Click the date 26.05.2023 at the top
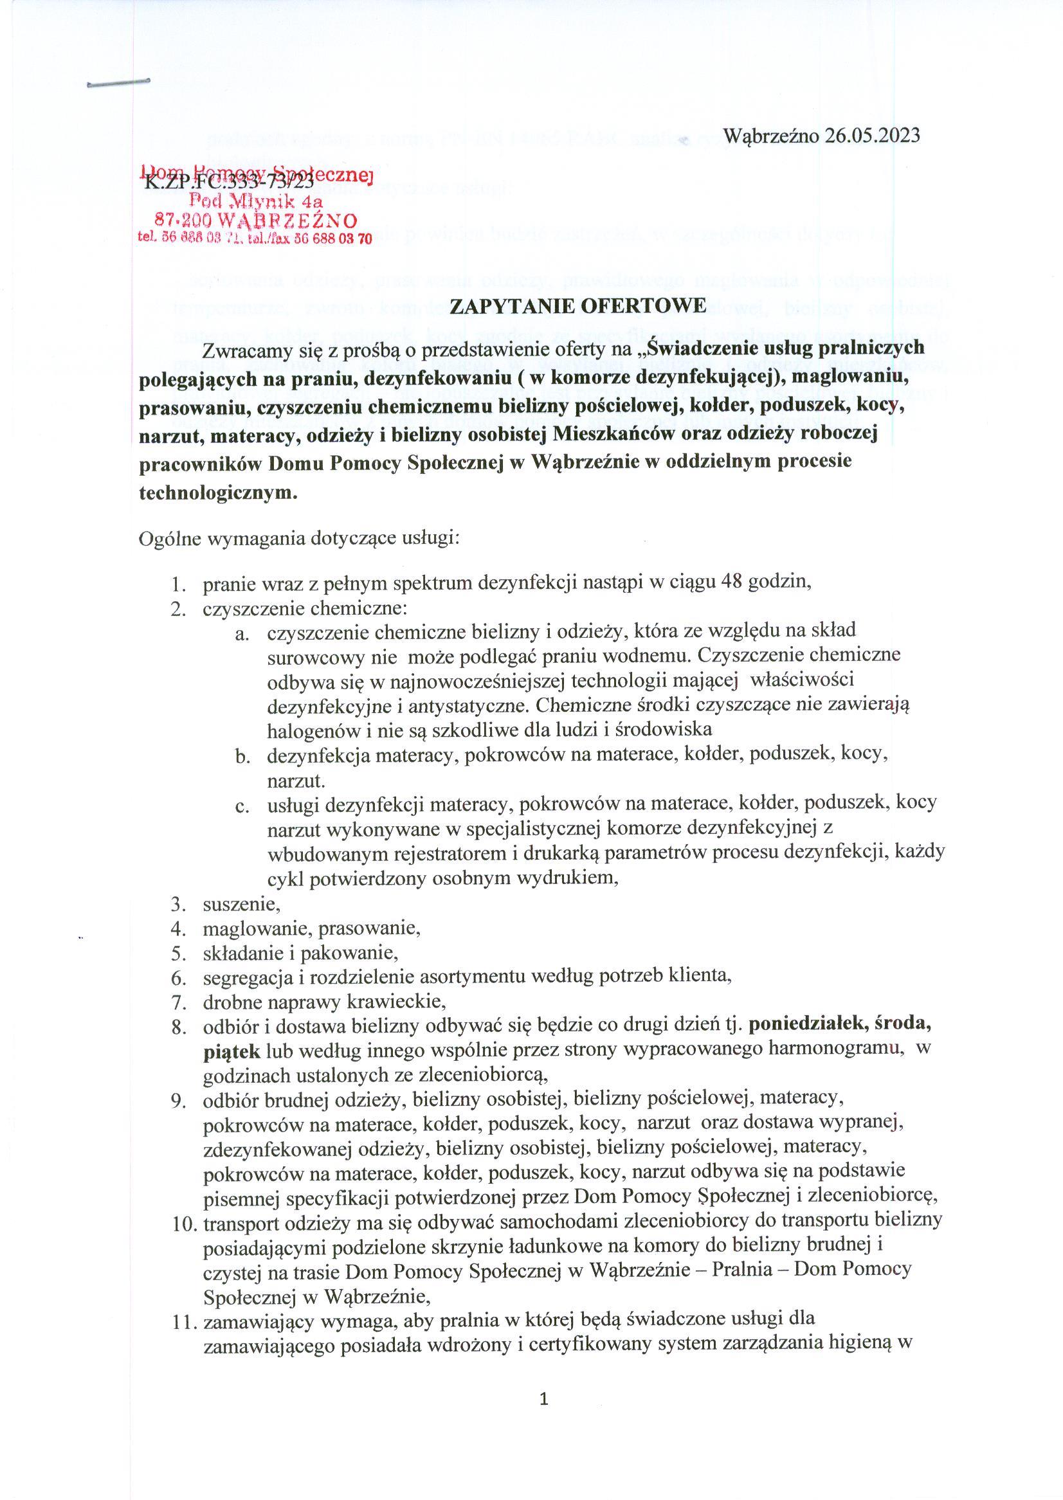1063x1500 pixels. click(872, 136)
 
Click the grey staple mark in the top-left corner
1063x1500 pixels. click(118, 83)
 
